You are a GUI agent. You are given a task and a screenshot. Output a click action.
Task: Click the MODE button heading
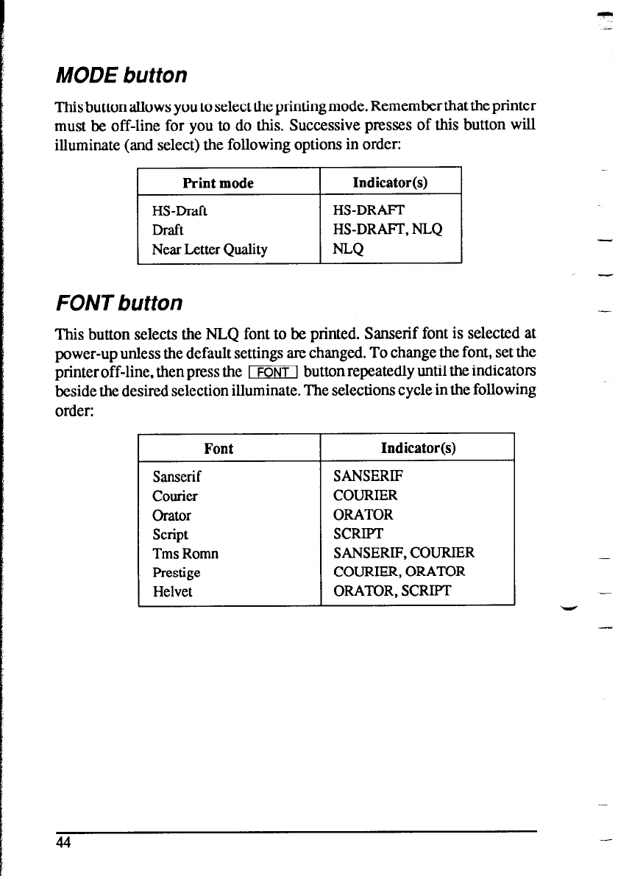(121, 76)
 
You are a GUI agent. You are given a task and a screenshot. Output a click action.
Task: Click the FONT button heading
(118, 302)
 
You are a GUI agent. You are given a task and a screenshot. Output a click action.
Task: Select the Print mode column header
(218, 182)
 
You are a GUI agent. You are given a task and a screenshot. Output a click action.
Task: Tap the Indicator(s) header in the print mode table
(390, 182)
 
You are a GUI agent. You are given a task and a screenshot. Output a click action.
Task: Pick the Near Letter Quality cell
(210, 249)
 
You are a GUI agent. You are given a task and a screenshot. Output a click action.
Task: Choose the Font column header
(219, 449)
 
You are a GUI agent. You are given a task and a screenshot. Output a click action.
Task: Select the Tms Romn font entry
(185, 554)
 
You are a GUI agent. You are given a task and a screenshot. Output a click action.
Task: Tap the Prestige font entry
(177, 572)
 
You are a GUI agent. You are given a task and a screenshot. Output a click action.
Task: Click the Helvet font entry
(173, 591)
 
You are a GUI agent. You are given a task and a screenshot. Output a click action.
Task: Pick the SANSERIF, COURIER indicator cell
(404, 553)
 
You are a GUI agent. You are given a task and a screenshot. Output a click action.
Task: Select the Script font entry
(171, 535)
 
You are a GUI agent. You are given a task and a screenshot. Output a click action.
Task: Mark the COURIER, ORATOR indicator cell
(399, 571)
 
